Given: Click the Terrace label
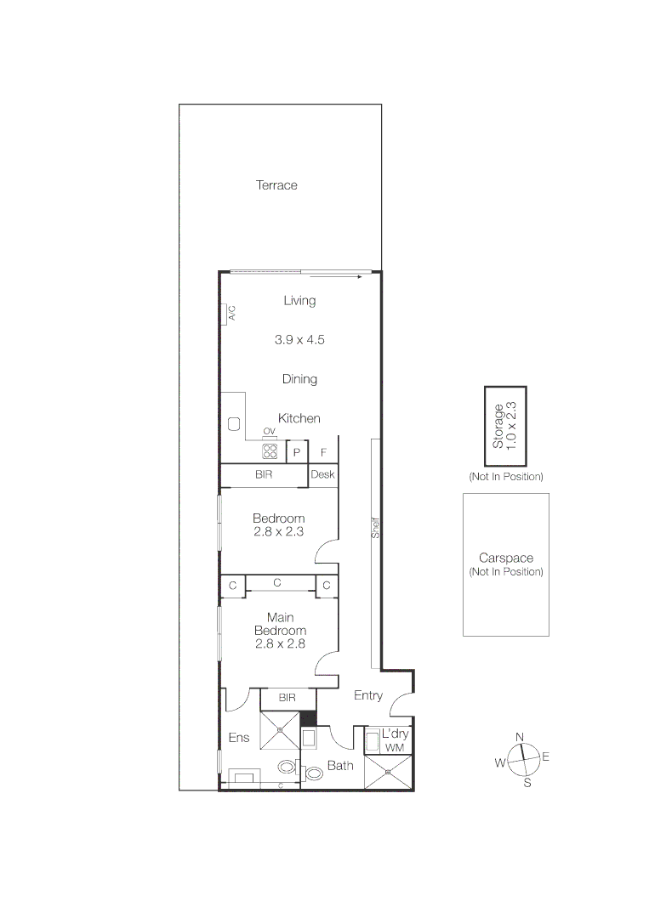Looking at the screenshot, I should click(276, 185).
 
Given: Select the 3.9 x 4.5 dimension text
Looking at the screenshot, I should click(299, 339).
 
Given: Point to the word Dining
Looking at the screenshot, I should click(299, 379).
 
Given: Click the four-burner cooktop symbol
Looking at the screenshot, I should click(270, 451).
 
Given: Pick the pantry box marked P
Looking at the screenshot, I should click(297, 452).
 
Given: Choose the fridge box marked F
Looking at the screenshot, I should click(323, 452).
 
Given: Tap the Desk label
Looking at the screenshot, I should click(322, 475).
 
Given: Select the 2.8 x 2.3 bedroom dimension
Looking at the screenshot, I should click(278, 532).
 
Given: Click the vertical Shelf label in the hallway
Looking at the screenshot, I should click(374, 529).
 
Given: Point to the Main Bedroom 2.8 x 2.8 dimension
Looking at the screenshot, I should click(280, 644).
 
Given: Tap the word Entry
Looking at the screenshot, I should click(367, 695).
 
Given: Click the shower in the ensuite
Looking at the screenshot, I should click(280, 728).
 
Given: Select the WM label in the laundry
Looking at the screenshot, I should click(394, 746).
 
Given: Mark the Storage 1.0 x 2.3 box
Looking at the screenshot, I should click(505, 426).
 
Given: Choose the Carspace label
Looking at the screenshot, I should click(505, 558).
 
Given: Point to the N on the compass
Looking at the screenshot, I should click(520, 737).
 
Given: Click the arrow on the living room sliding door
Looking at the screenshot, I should click(361, 276).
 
